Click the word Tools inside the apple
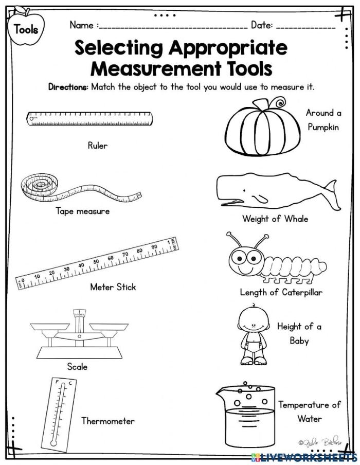tap(26, 29)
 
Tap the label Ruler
tap(97, 146)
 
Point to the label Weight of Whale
tap(275, 219)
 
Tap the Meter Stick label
tap(113, 287)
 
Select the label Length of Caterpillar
tap(281, 292)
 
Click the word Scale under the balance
tap(77, 367)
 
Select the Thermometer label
tap(108, 421)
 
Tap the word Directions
tap(68, 87)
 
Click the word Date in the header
tap(261, 25)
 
